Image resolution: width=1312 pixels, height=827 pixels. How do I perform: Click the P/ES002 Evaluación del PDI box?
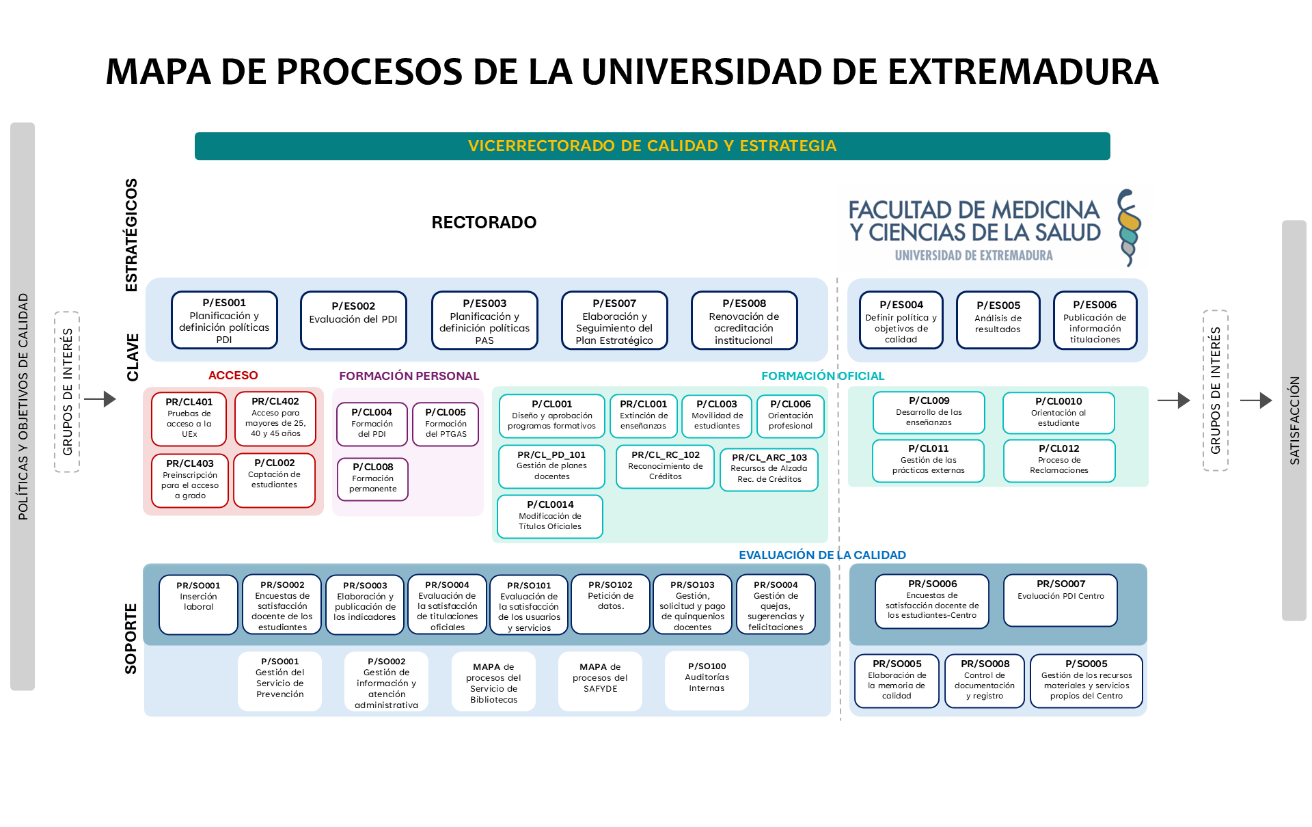353,320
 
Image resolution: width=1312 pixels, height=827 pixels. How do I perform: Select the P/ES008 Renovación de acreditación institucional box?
744,321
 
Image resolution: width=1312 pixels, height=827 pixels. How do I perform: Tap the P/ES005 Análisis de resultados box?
998,320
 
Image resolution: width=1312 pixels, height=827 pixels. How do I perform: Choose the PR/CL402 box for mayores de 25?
275,418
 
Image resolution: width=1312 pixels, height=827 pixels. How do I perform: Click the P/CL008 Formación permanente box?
372,478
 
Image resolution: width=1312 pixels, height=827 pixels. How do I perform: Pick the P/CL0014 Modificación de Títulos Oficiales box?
550,516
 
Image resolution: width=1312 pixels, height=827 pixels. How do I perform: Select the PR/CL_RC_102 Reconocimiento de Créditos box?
665,466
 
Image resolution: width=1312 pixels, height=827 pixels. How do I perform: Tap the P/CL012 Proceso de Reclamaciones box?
1058,460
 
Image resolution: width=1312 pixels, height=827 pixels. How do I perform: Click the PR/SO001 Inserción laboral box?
198,604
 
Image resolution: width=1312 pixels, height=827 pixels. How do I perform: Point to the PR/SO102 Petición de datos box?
610,604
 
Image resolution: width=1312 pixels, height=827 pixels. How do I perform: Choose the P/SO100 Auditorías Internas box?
707,680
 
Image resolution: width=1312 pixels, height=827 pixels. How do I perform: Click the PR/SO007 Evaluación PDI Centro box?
1060,599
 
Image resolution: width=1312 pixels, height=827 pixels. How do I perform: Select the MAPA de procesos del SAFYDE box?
600,680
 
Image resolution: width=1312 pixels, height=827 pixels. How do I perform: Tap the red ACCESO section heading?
233,375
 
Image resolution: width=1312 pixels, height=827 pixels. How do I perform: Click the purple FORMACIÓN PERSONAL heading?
409,376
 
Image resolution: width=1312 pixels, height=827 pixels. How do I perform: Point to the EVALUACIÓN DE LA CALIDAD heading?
822,555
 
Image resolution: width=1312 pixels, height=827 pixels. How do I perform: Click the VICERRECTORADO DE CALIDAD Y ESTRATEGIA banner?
652,146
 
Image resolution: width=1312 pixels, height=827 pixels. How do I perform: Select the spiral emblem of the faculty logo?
1128,228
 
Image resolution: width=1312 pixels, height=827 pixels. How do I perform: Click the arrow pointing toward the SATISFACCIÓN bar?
1255,401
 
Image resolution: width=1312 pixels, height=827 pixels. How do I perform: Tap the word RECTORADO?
484,222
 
